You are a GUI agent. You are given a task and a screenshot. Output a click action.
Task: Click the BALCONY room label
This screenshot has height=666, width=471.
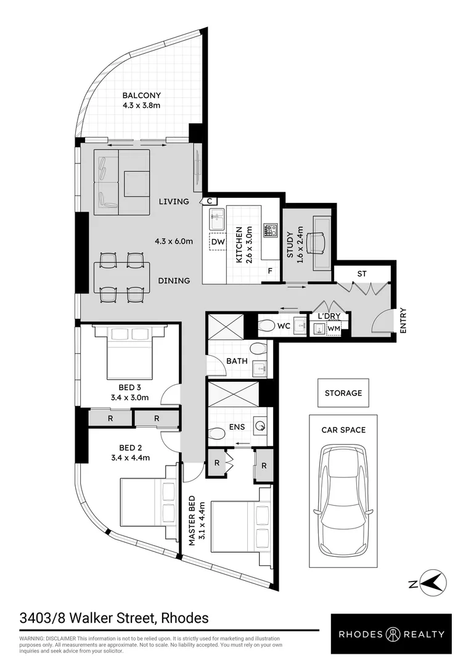pyautogui.click(x=141, y=96)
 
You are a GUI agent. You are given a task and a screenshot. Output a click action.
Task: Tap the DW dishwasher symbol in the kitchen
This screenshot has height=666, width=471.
pyautogui.click(x=218, y=242)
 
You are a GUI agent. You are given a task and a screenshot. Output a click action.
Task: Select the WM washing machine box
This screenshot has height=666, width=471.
pyautogui.click(x=334, y=330)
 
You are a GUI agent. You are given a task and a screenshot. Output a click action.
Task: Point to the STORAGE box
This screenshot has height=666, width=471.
pyautogui.click(x=343, y=393)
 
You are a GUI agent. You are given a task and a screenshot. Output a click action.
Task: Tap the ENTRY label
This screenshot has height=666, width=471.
pyautogui.click(x=403, y=321)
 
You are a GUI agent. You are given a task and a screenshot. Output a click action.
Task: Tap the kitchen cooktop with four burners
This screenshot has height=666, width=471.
pyautogui.click(x=270, y=231)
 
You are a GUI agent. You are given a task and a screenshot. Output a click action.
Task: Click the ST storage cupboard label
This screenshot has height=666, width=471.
pyautogui.click(x=362, y=273)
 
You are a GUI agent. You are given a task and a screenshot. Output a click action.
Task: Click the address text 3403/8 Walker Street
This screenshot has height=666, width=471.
pyautogui.click(x=114, y=618)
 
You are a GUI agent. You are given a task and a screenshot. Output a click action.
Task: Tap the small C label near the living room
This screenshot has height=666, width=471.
pyautogui.click(x=210, y=201)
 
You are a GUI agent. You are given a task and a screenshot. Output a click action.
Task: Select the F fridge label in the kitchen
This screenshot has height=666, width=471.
pyautogui.click(x=270, y=271)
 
